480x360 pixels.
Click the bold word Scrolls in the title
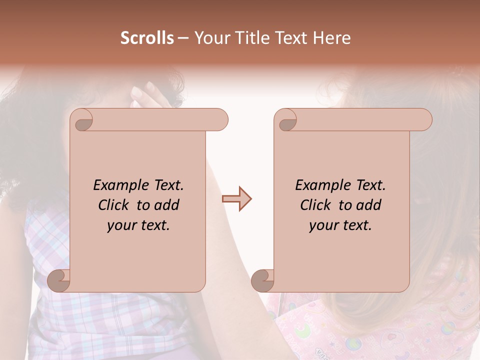pos(147,38)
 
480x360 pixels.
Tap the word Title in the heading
pos(246,38)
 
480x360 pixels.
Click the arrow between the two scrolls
pos(236,199)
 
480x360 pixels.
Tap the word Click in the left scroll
pos(114,205)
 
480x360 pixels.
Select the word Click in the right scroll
pos(316,205)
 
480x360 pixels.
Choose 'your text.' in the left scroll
pos(138,225)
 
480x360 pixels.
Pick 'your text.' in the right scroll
pos(340,225)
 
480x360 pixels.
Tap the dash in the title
pos(183,38)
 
